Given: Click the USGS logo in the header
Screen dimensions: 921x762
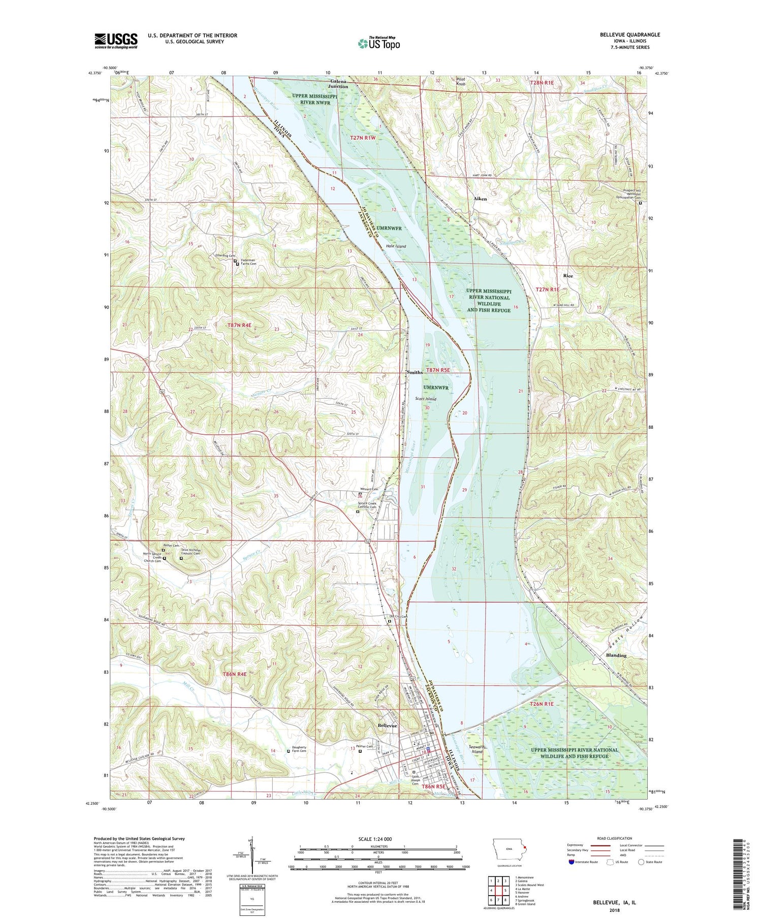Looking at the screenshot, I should pos(116,41).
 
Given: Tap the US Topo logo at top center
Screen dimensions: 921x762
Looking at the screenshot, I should pos(378,43).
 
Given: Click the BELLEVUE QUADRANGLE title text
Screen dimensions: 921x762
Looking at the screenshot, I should pos(629,35).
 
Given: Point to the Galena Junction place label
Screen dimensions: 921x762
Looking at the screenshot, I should pos(339,84).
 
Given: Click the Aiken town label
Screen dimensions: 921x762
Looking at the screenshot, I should pos(480,199).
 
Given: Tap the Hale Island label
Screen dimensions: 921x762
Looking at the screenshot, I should pos(396,246).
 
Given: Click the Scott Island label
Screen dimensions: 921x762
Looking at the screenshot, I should pos(426,399).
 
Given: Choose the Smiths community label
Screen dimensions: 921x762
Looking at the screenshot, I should pos(415,372).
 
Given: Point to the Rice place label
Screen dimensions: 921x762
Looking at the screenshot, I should pos(568,276).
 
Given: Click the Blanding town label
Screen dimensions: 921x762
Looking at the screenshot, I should pos(616,655).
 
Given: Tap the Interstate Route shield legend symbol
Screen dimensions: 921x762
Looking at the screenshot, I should pos(571,862).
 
